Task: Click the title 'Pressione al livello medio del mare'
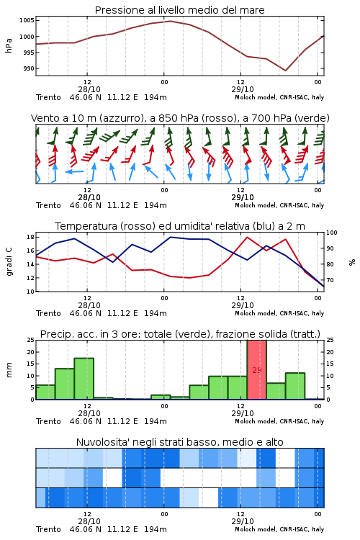pyautogui.click(x=179, y=10)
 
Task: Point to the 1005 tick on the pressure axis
pyautogui.click(x=27, y=20)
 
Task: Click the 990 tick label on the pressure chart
pyautogui.click(x=29, y=68)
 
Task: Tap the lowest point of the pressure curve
pyautogui.click(x=286, y=71)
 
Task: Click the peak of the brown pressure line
pyautogui.click(x=170, y=21)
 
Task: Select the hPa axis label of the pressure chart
pyautogui.click(x=9, y=45)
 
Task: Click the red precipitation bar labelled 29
pyautogui.click(x=256, y=370)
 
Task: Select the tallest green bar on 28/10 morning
pyautogui.click(x=84, y=379)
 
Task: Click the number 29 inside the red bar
pyautogui.click(x=257, y=370)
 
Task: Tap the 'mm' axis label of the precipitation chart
pyautogui.click(x=9, y=370)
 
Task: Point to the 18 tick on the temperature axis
pyautogui.click(x=30, y=237)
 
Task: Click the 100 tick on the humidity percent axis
pyautogui.click(x=332, y=233)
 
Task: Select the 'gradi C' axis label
pyautogui.click(x=9, y=262)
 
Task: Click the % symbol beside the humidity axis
pyautogui.click(x=352, y=262)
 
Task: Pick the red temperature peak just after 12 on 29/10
pyautogui.click(x=247, y=237)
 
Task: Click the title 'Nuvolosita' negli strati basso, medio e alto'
pyautogui.click(x=179, y=442)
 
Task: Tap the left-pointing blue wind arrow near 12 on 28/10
pyautogui.click(x=74, y=171)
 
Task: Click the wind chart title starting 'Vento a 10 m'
pyautogui.click(x=180, y=118)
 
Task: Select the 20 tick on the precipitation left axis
pyautogui.click(x=30, y=352)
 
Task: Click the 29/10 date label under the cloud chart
pyautogui.click(x=243, y=521)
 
